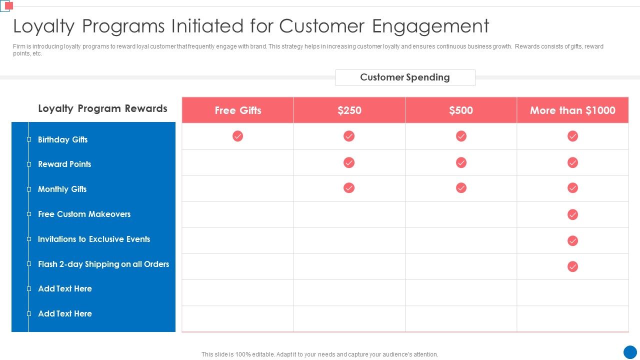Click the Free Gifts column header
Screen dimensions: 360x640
[x=237, y=110]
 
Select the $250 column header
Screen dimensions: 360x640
[x=349, y=110]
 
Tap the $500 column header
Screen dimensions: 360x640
[x=460, y=110]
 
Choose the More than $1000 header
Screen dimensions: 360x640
[x=572, y=110]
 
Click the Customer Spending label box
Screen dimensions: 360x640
[x=405, y=77]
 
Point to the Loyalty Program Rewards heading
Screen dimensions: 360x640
[x=102, y=108]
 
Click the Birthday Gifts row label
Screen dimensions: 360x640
[x=62, y=139]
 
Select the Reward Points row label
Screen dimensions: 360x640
[x=64, y=164]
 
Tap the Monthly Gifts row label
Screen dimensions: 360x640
[x=62, y=189]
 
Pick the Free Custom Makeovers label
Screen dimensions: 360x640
[x=84, y=214]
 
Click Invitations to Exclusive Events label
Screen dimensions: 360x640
[x=94, y=239]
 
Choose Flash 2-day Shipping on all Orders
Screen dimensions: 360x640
[x=103, y=264]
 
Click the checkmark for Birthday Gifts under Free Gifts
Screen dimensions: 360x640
[x=237, y=136]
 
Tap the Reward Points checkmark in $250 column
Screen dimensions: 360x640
[x=349, y=162]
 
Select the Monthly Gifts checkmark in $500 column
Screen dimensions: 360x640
[x=461, y=187]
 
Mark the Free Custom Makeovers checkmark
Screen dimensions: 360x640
[x=572, y=214]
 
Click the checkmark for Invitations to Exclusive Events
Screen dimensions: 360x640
[x=572, y=240]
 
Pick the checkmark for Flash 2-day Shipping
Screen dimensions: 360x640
[x=572, y=266]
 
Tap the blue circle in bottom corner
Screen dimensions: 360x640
[x=630, y=351]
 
